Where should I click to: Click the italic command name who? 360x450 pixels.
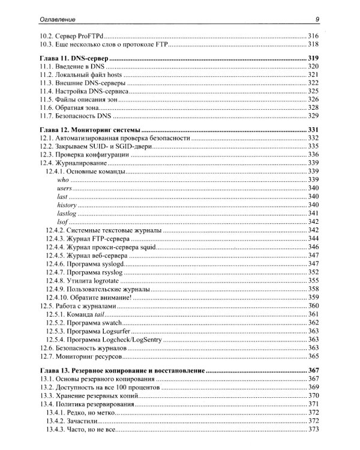coord(63,180)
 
